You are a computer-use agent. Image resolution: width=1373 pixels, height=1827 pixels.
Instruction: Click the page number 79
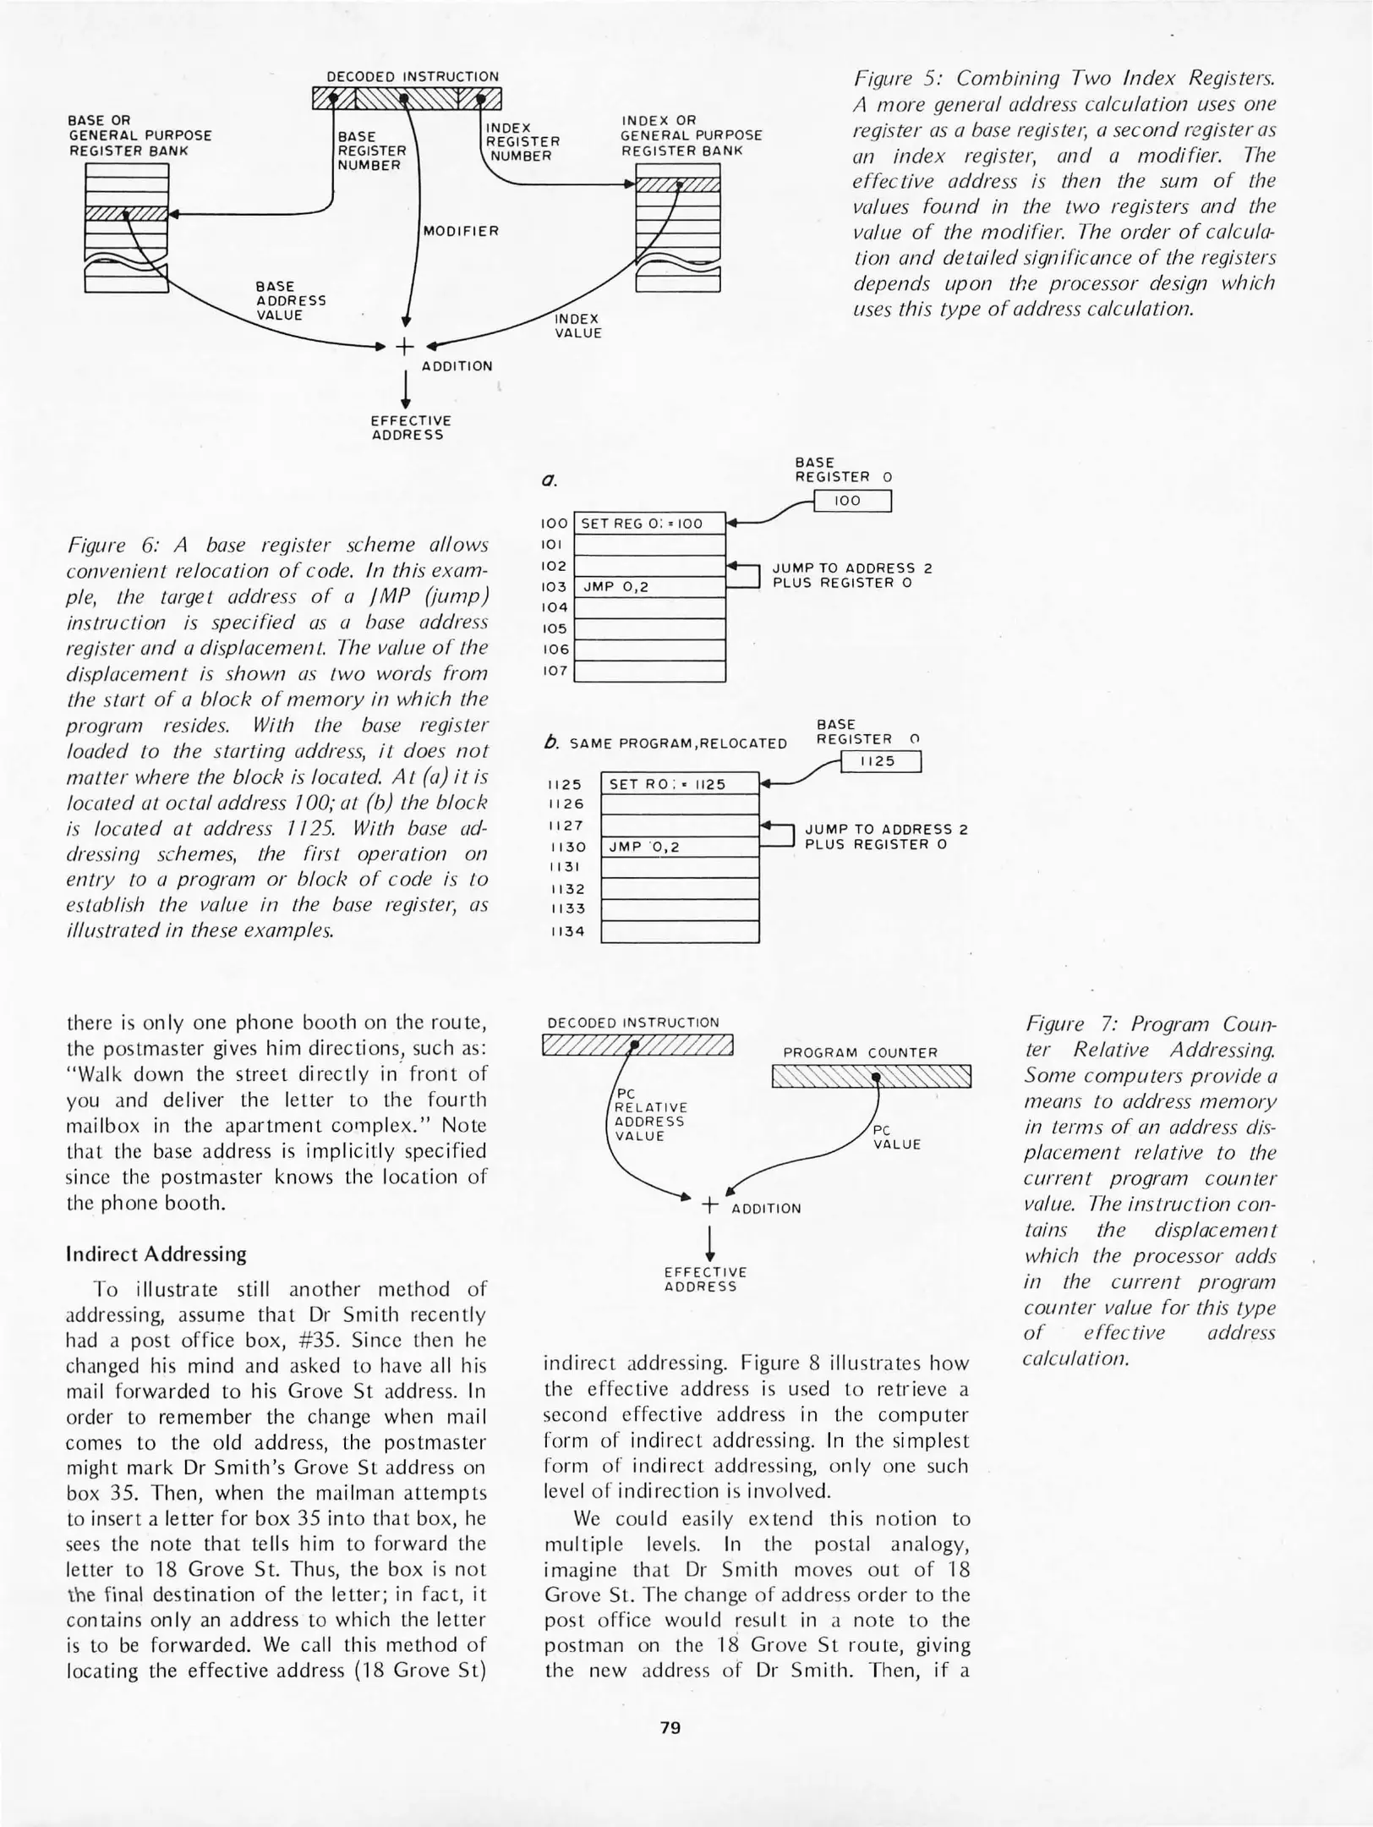point(670,1727)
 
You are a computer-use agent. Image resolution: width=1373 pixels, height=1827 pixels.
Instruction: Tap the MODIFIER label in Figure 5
point(461,231)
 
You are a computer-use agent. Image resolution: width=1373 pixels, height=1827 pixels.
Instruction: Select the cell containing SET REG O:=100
point(649,524)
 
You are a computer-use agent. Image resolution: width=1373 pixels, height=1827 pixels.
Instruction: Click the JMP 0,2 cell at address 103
point(649,587)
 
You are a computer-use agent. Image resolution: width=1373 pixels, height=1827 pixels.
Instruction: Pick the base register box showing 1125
point(879,761)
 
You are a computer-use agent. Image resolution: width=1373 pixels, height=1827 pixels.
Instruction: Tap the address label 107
point(555,671)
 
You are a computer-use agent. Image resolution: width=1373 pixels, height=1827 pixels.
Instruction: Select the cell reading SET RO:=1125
point(679,784)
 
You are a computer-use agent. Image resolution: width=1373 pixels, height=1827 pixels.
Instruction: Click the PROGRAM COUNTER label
point(860,1053)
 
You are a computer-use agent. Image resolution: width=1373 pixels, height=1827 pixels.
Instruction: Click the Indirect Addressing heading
point(156,1254)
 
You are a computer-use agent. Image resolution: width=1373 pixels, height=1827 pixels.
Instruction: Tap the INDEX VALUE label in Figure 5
point(577,326)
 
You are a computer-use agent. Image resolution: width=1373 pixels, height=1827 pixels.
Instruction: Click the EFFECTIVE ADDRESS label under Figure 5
point(411,427)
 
